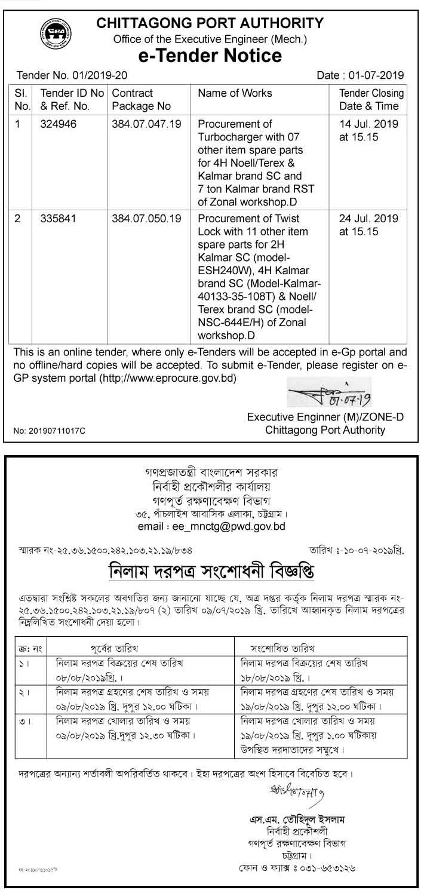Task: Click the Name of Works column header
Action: click(235, 93)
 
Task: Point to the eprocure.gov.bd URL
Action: click(174, 378)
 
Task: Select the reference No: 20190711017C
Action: click(50, 431)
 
